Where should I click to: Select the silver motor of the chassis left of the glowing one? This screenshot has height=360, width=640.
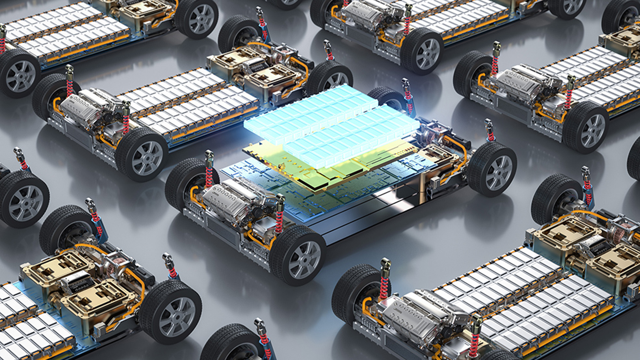pyautogui.click(x=83, y=107)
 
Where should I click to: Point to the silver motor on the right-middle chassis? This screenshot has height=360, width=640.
pyautogui.click(x=520, y=83)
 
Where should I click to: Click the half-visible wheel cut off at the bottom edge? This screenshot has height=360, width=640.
pyautogui.click(x=233, y=343)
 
